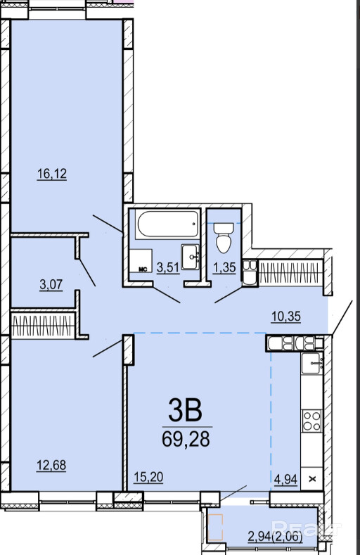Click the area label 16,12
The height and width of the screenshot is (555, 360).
(x=52, y=174)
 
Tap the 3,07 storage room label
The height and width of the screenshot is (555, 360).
(x=51, y=284)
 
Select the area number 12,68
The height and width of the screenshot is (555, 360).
(x=51, y=465)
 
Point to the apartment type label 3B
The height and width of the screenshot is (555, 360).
(x=186, y=411)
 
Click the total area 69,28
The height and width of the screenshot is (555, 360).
(x=186, y=439)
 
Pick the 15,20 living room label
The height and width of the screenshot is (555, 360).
(x=148, y=477)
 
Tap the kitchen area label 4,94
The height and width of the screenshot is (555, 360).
(x=285, y=479)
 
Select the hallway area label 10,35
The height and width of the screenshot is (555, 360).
(x=286, y=316)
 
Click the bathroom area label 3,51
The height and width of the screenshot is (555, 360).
(x=168, y=267)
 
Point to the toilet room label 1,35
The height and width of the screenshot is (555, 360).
(x=224, y=267)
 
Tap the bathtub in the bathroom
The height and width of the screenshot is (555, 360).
(x=167, y=224)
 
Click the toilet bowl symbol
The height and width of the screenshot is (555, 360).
(x=224, y=237)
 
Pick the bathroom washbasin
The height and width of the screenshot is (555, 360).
(x=191, y=257)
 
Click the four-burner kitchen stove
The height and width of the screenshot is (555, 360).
(x=311, y=420)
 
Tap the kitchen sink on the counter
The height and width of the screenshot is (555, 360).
(x=311, y=364)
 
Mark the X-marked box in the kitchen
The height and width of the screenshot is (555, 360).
(x=312, y=479)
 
